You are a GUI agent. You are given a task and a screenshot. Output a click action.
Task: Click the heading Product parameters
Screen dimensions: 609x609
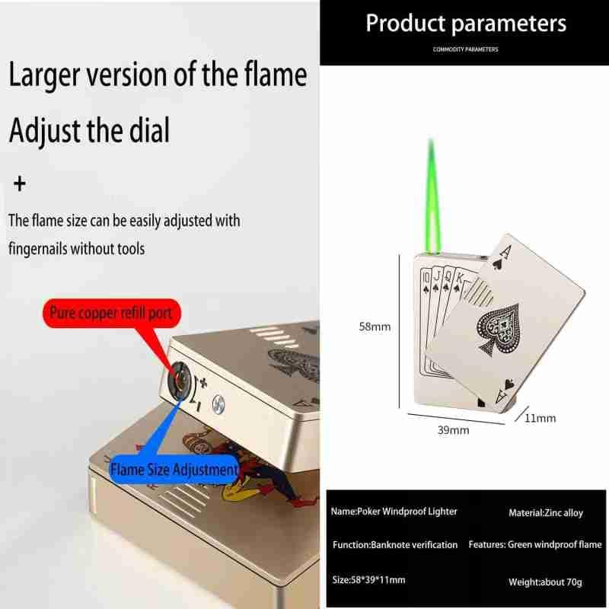pos(466,23)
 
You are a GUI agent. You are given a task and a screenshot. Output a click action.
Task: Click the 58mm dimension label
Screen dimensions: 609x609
pos(375,327)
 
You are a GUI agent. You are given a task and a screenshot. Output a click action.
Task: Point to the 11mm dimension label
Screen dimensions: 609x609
pos(540,417)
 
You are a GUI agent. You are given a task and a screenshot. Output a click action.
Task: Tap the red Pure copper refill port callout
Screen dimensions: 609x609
pos(111,312)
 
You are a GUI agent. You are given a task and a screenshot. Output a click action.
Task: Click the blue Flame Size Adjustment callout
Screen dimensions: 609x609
pos(173,470)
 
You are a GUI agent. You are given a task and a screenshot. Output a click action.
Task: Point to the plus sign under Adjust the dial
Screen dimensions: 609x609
pos(20,184)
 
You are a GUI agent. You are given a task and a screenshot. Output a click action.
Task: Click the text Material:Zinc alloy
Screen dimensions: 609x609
pos(545,513)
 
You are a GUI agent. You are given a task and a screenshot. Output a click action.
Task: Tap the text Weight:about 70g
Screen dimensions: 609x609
pos(544,582)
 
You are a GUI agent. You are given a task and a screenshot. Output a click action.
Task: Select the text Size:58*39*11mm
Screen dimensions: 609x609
pos(368,580)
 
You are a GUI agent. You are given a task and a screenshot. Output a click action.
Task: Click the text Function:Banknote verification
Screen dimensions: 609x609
pos(395,545)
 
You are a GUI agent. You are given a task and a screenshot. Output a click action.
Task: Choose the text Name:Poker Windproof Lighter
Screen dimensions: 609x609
pos(394,512)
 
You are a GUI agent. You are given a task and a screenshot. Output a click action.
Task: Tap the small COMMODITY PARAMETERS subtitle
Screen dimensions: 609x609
pos(465,49)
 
